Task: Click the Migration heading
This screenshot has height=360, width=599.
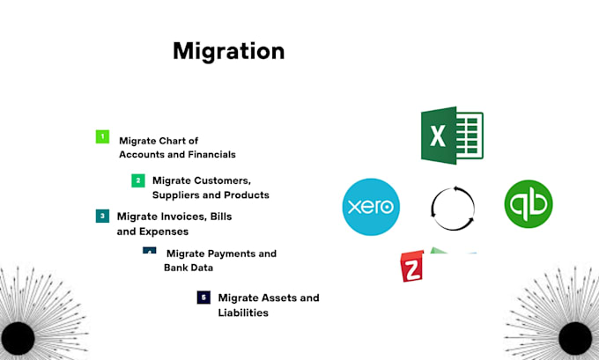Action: (228, 52)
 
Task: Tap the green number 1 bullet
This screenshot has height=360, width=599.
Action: (102, 136)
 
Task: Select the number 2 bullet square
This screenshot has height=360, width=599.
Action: (138, 180)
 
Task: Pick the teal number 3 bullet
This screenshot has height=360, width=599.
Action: (102, 216)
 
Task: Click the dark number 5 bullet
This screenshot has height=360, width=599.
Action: (203, 298)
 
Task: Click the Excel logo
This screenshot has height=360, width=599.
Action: (452, 136)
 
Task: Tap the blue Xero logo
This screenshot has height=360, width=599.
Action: (371, 207)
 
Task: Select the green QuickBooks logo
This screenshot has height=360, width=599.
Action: (529, 204)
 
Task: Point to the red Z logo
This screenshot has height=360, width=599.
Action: (412, 267)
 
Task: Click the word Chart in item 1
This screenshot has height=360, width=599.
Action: (172, 141)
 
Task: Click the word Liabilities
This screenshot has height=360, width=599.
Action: (243, 312)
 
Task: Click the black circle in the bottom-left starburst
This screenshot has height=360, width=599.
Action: (18, 338)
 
